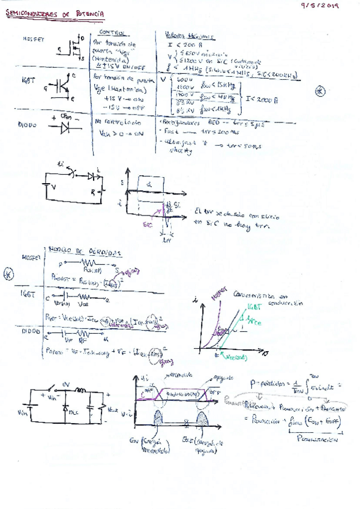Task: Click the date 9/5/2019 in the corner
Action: tap(320, 6)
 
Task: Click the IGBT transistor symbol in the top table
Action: tap(62, 86)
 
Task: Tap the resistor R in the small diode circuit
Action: tap(102, 193)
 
